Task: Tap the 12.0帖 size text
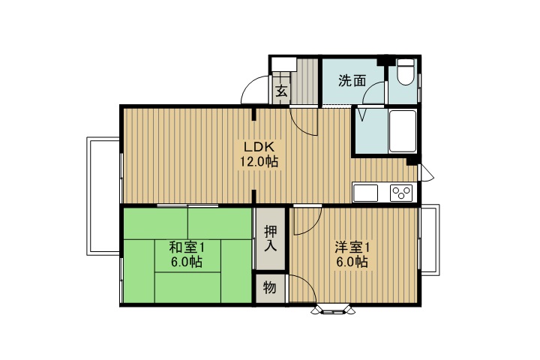click(259, 161)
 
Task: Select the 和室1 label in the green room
click(186, 247)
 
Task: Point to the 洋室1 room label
click(352, 247)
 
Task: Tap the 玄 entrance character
click(280, 92)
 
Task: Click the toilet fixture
click(406, 73)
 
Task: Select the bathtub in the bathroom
click(403, 131)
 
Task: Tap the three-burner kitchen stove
click(402, 193)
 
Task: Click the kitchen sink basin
click(367, 193)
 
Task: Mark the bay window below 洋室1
click(331, 307)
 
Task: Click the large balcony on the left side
click(103, 195)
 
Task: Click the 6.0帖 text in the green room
click(186, 262)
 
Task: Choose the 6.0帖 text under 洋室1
click(352, 262)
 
